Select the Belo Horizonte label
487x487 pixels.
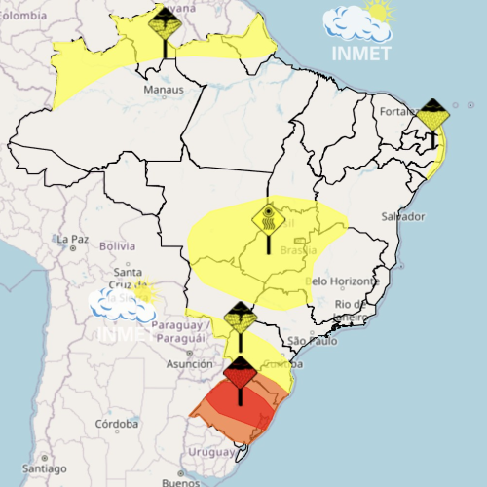click(x=341, y=281)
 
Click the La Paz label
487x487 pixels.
click(x=74, y=239)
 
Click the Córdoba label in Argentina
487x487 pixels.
click(x=117, y=424)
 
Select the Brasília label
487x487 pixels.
click(x=293, y=250)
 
